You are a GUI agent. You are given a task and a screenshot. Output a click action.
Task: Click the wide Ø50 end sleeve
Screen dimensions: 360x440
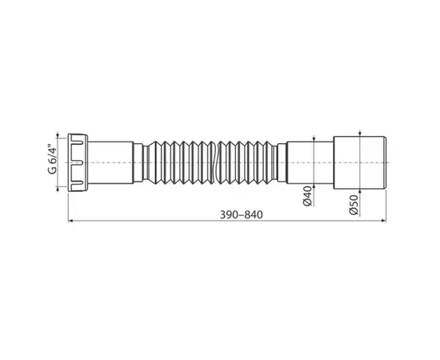coord(362,162)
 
